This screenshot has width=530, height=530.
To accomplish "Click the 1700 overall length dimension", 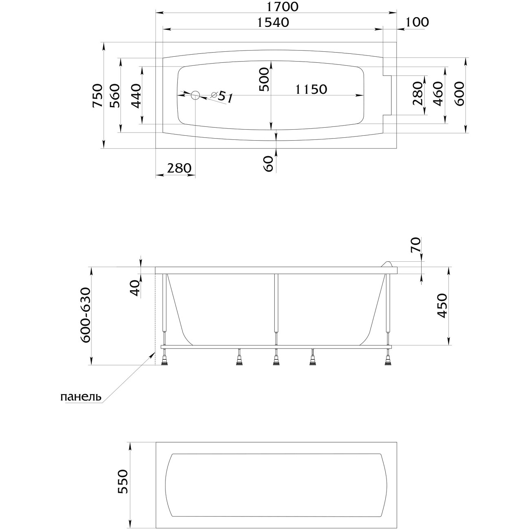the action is click(283, 7).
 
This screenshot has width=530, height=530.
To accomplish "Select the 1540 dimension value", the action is click(273, 22).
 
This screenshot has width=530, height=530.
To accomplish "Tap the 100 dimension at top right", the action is click(417, 22).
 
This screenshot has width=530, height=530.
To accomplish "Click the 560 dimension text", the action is click(115, 95).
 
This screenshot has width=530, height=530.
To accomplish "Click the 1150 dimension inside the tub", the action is click(311, 89).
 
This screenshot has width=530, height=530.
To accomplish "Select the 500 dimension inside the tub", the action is click(264, 79).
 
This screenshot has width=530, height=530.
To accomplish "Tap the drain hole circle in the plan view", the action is click(195, 95).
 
